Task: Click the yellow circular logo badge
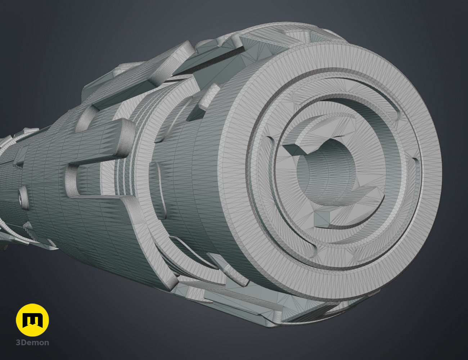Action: click(32, 320)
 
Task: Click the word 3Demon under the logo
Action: click(32, 343)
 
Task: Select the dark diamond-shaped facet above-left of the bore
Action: click(294, 149)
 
